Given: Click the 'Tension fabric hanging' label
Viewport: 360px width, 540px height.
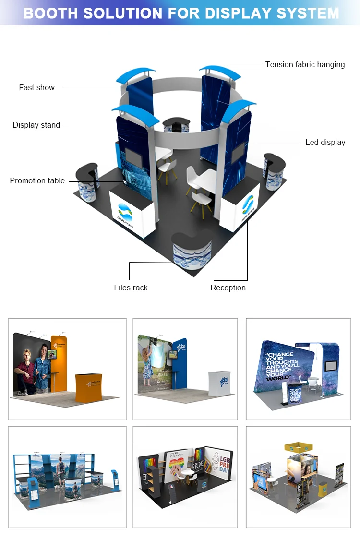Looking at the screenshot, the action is (x=305, y=64).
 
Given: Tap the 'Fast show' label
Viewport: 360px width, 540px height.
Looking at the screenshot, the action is (x=37, y=87).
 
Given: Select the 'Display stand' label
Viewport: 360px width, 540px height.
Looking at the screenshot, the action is (x=36, y=125).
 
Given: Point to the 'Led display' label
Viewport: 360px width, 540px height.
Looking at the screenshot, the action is (x=325, y=142).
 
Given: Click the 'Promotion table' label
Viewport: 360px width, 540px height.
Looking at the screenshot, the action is (x=37, y=180).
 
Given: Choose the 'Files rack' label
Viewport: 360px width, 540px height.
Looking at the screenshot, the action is (x=131, y=288).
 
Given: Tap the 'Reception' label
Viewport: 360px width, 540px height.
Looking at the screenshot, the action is (x=228, y=288).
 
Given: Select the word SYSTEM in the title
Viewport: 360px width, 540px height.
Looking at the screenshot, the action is (x=307, y=13).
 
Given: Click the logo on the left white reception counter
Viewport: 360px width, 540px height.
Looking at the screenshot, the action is (x=127, y=211).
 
